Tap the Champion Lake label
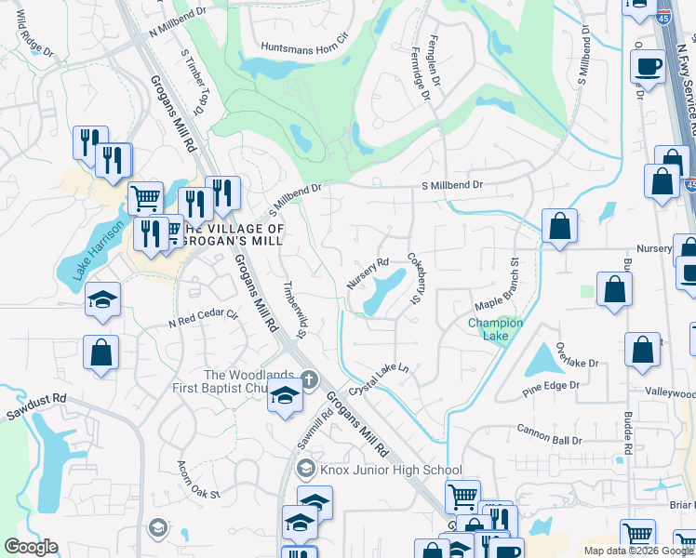coord(495,329)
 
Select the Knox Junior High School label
coord(391,470)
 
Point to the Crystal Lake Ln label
coord(379,382)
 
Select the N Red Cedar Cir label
coord(204,320)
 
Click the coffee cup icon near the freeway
coord(648,66)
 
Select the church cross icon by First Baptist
coord(309,379)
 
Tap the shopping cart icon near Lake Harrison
coord(144,198)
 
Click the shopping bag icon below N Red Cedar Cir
coord(101,352)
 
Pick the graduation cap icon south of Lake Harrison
coord(102,299)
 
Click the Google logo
coord(30,547)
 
